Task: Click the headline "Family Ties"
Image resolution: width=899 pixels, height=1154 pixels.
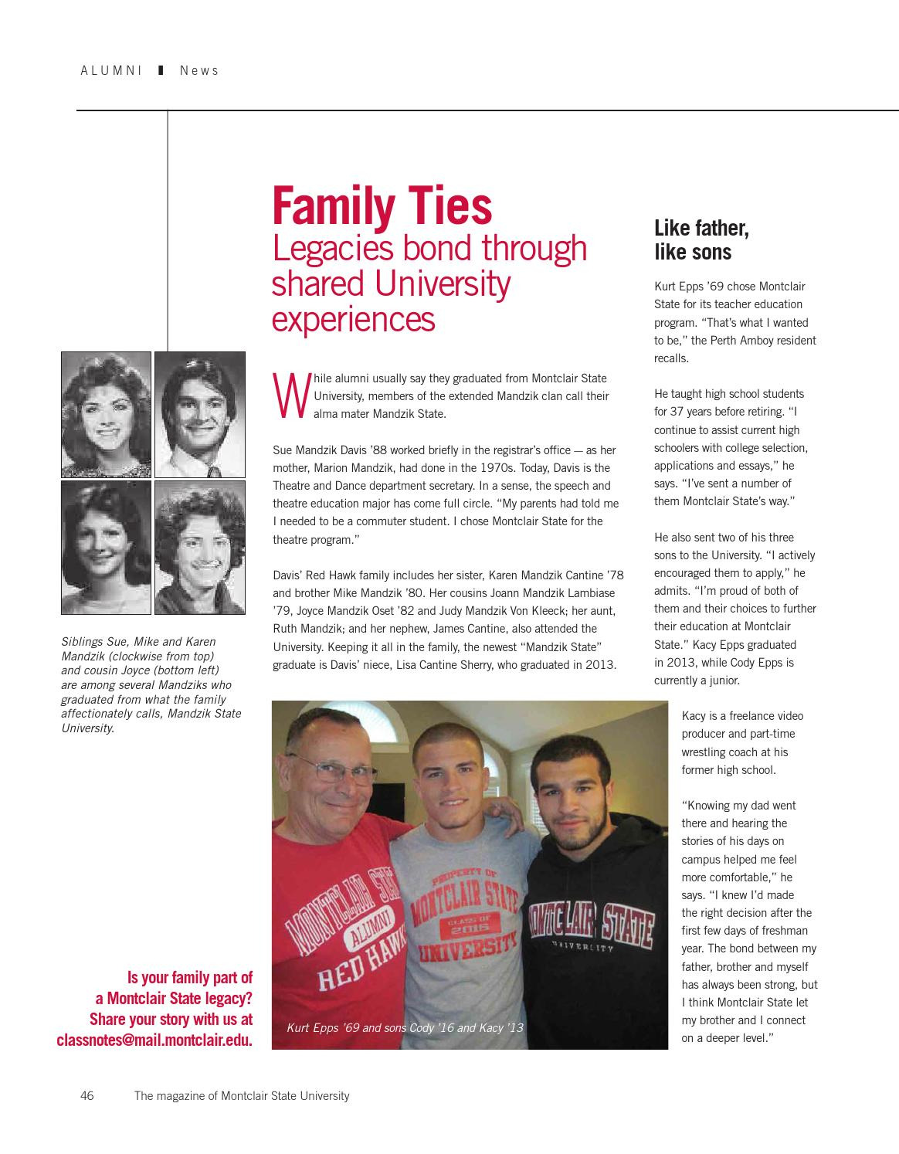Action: (x=382, y=206)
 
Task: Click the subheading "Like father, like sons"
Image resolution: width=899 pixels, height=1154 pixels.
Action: (x=701, y=240)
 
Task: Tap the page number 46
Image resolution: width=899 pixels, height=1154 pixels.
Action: (x=87, y=1095)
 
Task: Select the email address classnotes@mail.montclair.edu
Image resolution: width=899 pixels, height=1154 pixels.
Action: (x=154, y=1040)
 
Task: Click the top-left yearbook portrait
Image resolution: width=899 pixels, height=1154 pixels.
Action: (x=106, y=414)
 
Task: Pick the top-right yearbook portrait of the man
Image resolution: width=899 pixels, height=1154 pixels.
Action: (x=199, y=414)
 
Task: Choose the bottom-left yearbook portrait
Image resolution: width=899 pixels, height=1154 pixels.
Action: (x=106, y=547)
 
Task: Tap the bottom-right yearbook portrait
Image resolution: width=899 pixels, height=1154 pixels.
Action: (x=199, y=547)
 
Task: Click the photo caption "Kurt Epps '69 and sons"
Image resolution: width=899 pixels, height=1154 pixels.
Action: (x=405, y=1027)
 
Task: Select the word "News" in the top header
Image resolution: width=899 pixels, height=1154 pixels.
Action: (x=199, y=70)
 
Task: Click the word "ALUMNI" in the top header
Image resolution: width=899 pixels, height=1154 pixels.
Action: (x=111, y=70)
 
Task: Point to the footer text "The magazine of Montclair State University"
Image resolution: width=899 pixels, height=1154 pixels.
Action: (x=242, y=1095)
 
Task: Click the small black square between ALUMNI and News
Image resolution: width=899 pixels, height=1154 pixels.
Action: (x=161, y=70)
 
